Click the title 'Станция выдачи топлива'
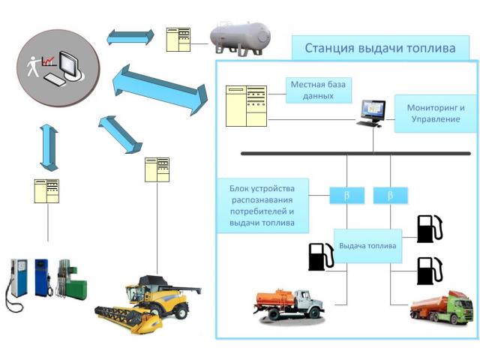click(x=379, y=49)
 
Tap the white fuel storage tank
click(x=239, y=37)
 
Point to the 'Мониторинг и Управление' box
click(x=436, y=113)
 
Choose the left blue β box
click(x=346, y=196)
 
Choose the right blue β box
click(x=390, y=196)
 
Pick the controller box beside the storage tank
click(x=178, y=40)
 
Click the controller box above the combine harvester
click(x=157, y=169)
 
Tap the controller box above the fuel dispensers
click(x=46, y=191)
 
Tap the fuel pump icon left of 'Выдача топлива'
click(x=319, y=256)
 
